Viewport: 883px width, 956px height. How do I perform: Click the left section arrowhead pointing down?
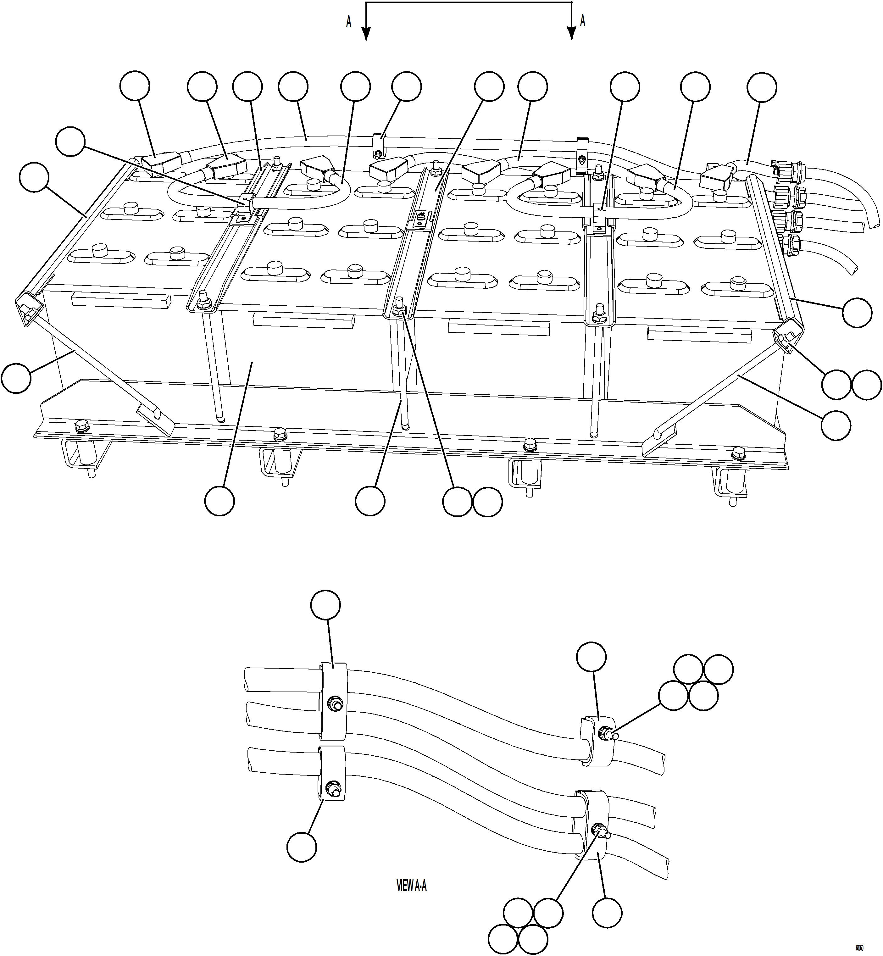tap(365, 33)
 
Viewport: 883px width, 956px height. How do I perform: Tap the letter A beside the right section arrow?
tap(582, 20)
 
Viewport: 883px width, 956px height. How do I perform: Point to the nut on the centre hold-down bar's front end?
tap(399, 311)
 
